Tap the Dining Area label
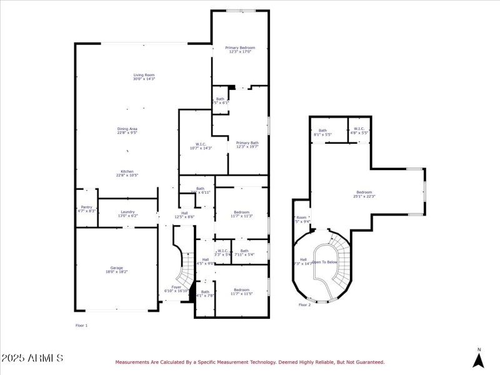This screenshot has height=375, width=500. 127,131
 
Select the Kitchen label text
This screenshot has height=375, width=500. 127,173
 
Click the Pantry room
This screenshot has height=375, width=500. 87,209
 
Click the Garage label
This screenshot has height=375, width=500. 116,270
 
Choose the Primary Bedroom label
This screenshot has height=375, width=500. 240,49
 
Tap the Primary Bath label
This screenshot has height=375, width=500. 247,144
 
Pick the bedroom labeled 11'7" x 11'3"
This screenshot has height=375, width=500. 241,214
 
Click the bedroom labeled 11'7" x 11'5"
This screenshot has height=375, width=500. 241,291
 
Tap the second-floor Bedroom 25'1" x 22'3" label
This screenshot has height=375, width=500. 364,194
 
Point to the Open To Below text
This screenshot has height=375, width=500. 324,262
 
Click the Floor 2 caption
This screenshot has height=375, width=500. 304,305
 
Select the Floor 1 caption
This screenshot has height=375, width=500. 81,326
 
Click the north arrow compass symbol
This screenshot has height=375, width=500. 479,359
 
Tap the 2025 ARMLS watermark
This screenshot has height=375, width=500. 32,358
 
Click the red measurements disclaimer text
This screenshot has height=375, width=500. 249,362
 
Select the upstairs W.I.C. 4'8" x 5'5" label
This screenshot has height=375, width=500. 359,132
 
